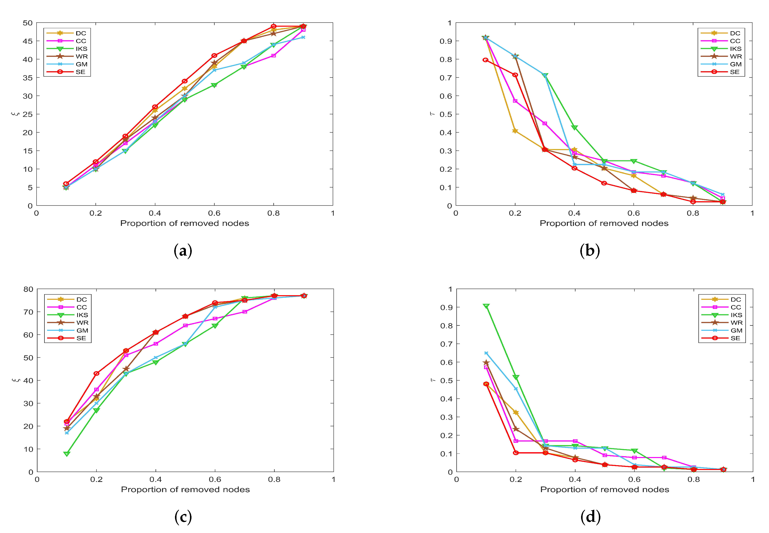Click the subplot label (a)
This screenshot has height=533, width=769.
click(x=183, y=250)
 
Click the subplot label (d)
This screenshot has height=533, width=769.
click(x=590, y=517)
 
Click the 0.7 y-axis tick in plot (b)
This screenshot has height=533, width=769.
click(x=445, y=77)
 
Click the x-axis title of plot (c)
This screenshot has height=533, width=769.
click(x=185, y=489)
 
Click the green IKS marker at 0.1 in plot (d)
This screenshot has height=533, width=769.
click(x=486, y=306)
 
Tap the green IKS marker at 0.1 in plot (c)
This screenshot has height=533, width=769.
click(x=67, y=454)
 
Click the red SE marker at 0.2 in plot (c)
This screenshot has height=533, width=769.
click(x=97, y=373)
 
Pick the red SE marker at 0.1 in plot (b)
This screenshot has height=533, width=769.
click(x=486, y=60)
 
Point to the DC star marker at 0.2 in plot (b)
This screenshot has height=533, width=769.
click(x=515, y=131)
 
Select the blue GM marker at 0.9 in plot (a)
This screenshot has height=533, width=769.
click(x=303, y=37)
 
